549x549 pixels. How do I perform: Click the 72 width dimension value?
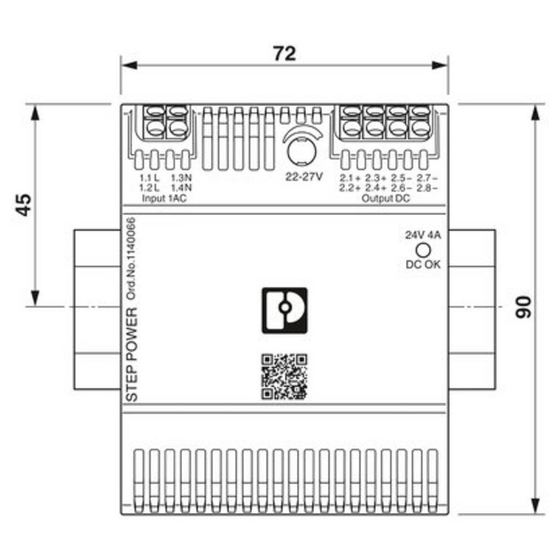[x=284, y=54]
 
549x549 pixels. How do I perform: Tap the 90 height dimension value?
[x=523, y=307]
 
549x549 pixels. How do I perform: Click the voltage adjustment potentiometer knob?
[x=301, y=152]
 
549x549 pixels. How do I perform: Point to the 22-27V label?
[x=304, y=177]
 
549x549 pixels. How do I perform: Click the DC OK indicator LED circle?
[x=423, y=250]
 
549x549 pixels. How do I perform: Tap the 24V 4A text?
[x=423, y=235]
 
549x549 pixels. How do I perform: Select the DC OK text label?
[x=423, y=265]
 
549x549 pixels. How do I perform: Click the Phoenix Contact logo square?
[x=284, y=311]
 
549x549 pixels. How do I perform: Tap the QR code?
[x=284, y=377]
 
